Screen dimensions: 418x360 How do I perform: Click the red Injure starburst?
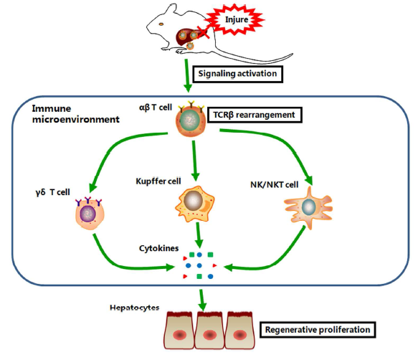coord(235,19)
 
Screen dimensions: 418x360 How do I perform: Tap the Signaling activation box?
coord(237,74)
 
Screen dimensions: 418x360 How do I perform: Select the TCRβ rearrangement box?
coord(255,115)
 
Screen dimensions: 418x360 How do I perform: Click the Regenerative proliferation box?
coord(318,330)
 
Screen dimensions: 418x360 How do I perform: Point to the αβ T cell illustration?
coord(191,120)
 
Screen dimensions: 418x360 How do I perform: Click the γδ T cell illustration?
coord(90,213)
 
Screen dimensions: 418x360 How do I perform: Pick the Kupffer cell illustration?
coord(195,204)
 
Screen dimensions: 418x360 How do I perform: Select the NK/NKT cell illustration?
coord(308,208)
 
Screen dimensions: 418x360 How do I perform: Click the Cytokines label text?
coord(159,248)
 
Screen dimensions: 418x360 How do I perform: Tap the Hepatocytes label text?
coord(135,308)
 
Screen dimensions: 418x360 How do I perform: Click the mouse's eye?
coord(161,24)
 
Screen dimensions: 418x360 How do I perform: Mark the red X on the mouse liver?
coord(203,32)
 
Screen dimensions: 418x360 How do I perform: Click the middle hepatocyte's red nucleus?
coord(209,335)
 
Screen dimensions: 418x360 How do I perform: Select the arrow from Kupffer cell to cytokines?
coord(198,235)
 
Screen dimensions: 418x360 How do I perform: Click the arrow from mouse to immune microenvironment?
coord(187,75)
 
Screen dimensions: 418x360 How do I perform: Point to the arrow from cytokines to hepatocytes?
coord(202,300)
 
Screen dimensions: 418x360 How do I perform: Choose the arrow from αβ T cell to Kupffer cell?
coord(194,161)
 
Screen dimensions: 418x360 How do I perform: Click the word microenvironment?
coord(76,120)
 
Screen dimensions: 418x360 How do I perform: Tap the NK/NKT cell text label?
coord(275,185)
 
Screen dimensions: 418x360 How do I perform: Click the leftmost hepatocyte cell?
coord(179,331)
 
